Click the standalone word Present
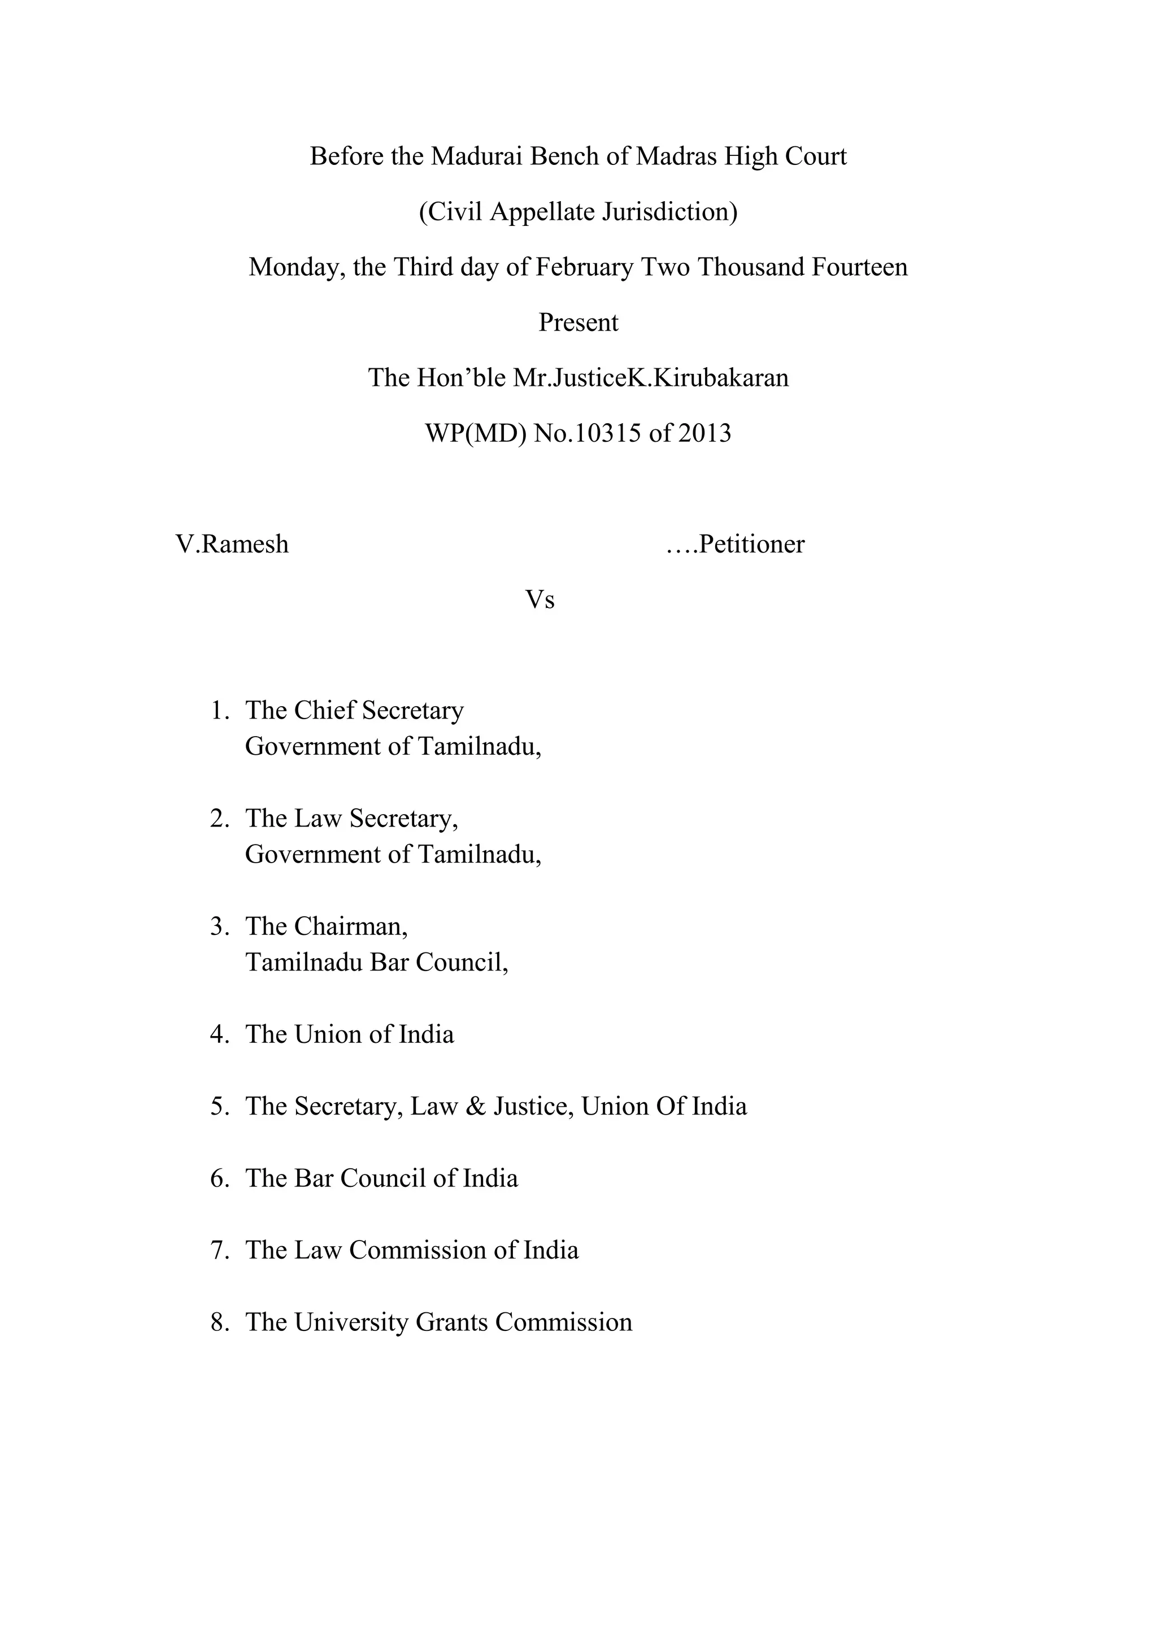578,323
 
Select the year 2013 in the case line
704,433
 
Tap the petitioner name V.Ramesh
232,545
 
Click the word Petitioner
751,545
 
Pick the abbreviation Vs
540,600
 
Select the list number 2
218,819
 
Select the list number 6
218,1178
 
